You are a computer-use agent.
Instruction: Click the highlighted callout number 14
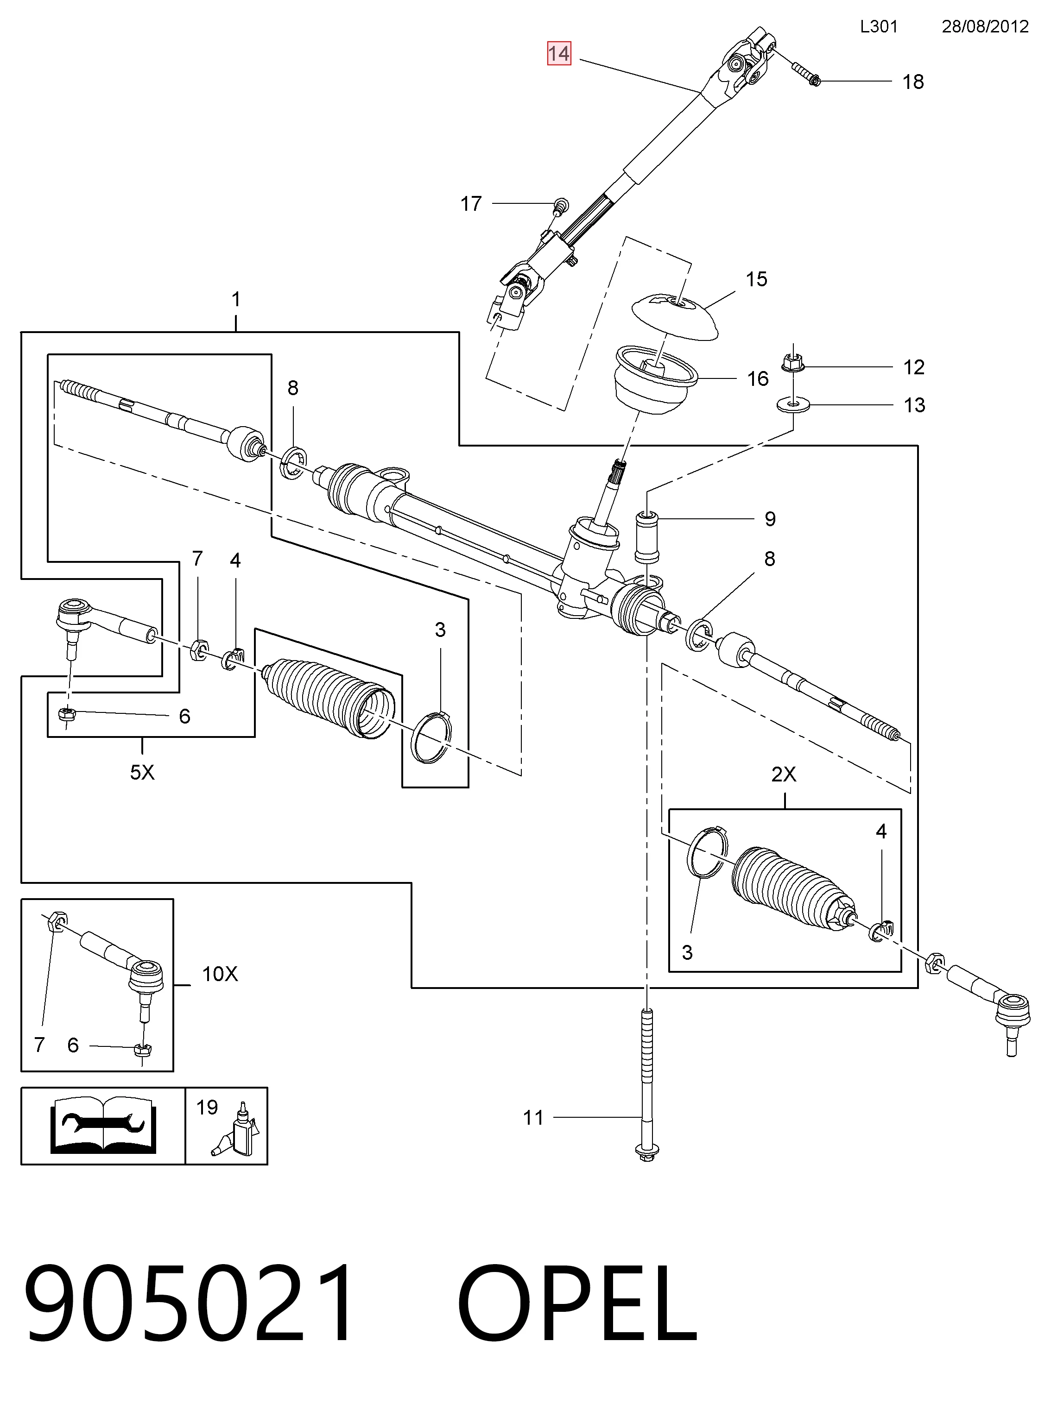[x=559, y=53]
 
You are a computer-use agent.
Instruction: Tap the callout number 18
[x=913, y=82]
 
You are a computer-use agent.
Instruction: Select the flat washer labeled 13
[x=793, y=404]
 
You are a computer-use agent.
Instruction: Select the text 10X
[x=220, y=974]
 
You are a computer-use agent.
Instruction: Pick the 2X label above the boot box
[x=784, y=774]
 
